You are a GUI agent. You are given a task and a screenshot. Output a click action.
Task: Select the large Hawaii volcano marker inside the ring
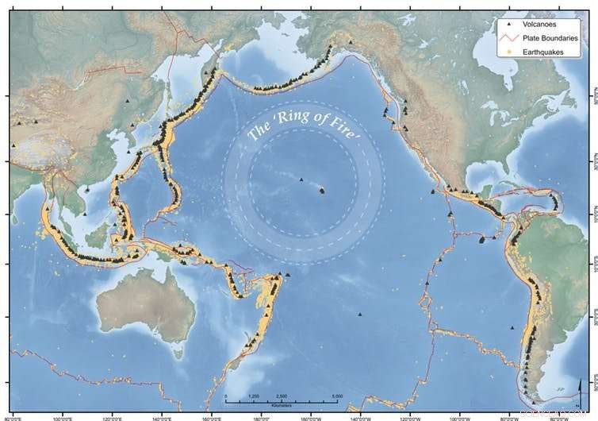click(x=322, y=190)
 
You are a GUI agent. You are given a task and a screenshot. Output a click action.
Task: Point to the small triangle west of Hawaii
click(x=301, y=180)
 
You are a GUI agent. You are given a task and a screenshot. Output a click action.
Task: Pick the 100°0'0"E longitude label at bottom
click(x=63, y=415)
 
